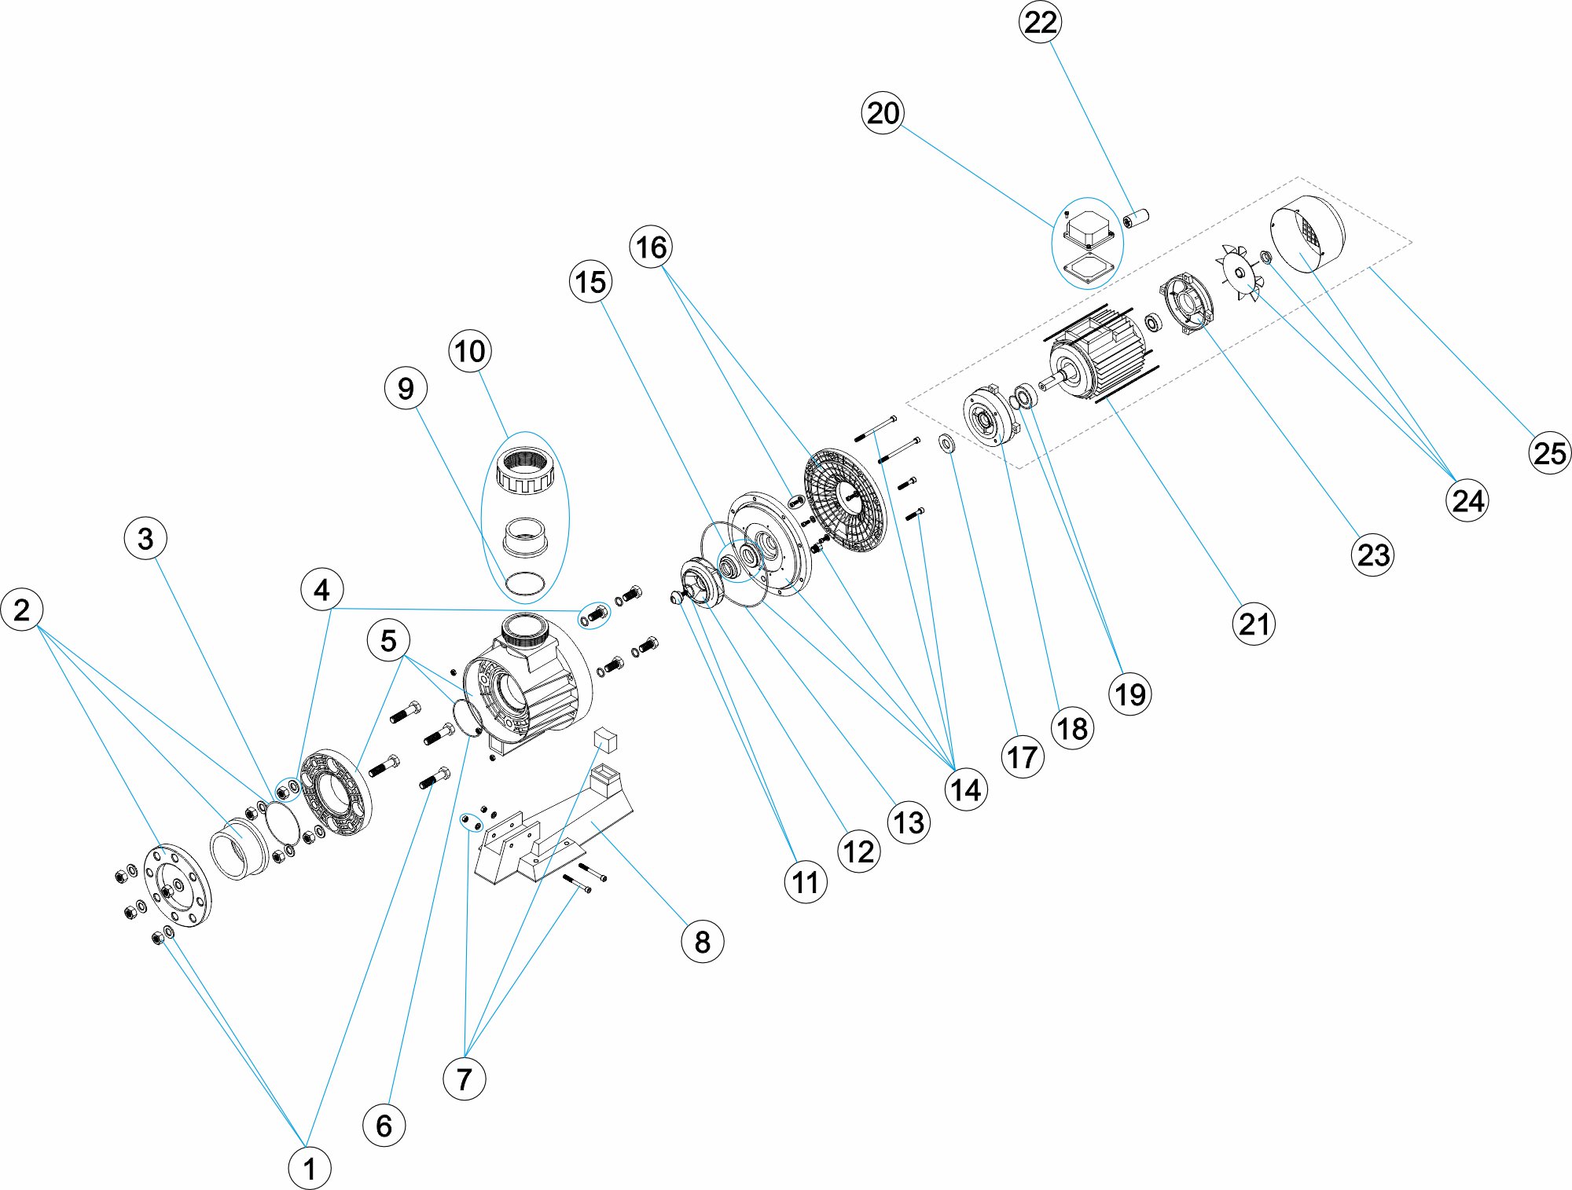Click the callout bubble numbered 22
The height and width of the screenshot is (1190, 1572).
coord(1040,22)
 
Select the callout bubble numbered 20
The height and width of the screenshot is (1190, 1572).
coord(883,113)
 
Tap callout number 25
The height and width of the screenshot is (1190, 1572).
coord(1549,453)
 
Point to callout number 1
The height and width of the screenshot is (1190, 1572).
coord(309,1168)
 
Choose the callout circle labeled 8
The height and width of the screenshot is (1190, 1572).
coord(702,941)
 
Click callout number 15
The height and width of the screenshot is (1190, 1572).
coord(590,282)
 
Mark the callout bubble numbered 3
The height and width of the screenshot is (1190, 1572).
coord(145,539)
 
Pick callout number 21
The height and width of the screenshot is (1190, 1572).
coord(1253,624)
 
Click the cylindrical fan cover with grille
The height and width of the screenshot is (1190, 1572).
coord(1307,234)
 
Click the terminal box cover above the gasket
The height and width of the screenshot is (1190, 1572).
coord(1088,227)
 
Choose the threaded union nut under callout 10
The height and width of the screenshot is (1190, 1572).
coord(526,470)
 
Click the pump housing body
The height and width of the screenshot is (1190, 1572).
coord(527,683)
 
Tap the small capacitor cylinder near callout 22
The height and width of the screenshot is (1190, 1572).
coord(1136,218)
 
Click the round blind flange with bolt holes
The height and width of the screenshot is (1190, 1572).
coord(178,886)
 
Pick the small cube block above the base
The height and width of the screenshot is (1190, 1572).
coord(607,739)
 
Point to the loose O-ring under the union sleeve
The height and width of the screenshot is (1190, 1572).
coord(524,584)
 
